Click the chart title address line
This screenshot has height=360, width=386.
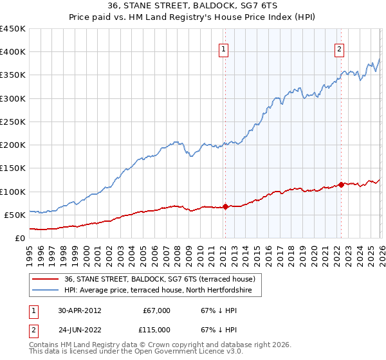coord(193,6)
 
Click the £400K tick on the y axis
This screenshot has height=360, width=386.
coord(13,52)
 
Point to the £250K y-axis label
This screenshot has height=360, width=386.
coord(13,122)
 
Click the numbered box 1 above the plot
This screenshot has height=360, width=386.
coord(224,49)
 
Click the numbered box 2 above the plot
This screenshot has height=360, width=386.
coord(339,49)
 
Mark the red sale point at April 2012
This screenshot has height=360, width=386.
coord(225,206)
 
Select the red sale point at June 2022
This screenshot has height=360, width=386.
coord(341,184)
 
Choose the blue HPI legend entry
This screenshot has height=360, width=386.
coord(161,291)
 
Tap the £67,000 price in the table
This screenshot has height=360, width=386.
coord(156,310)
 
